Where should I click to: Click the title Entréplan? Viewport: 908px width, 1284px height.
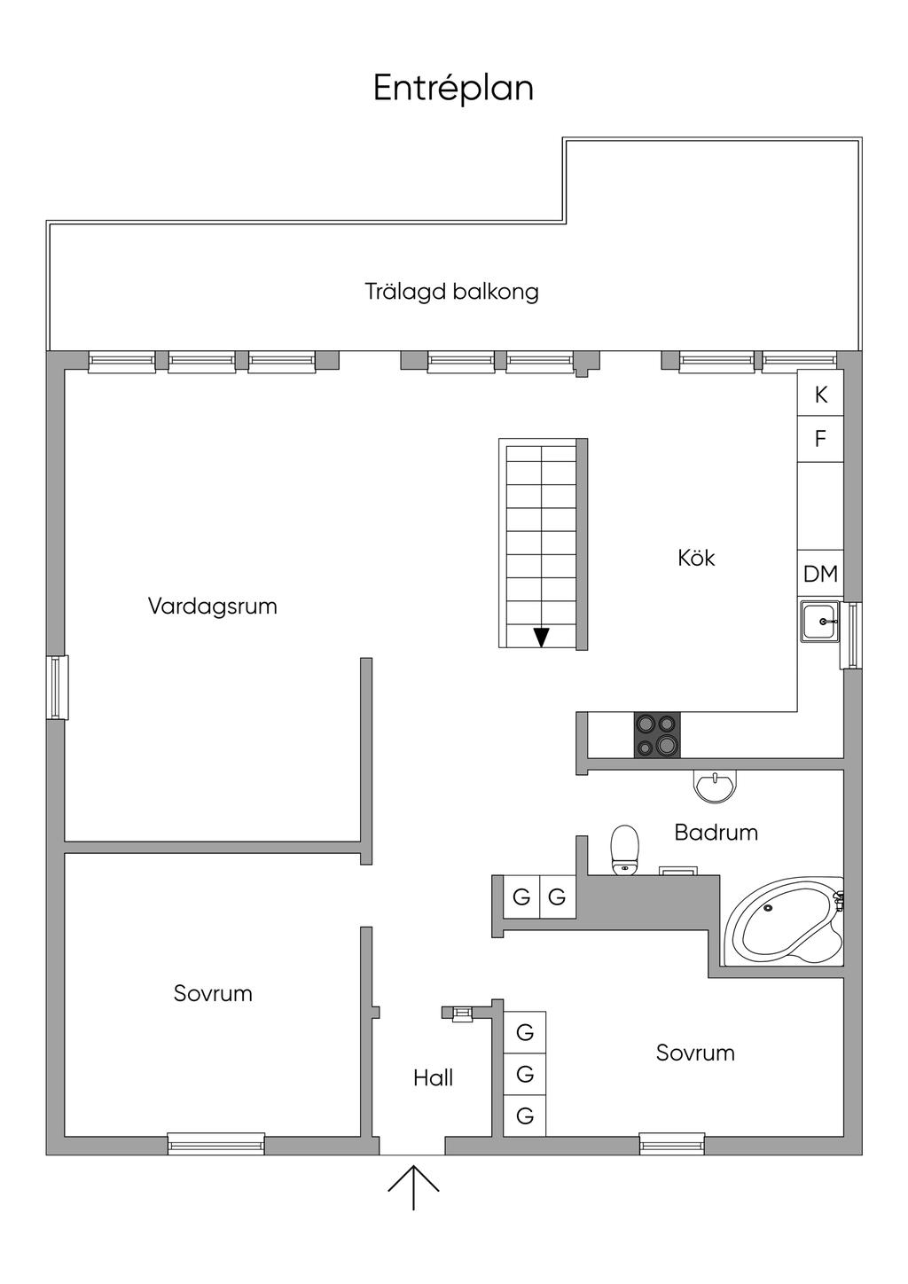[x=453, y=89]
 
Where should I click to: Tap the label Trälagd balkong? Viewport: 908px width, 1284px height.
[x=451, y=292]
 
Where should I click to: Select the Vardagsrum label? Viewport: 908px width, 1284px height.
[x=212, y=607]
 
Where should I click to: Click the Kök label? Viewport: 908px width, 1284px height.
[x=696, y=558]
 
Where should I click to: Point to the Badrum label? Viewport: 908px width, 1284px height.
[x=716, y=833]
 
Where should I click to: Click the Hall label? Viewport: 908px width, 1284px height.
[x=433, y=1077]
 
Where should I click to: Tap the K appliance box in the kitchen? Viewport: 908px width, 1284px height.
[x=820, y=395]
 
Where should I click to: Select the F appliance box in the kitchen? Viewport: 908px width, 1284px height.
[x=820, y=438]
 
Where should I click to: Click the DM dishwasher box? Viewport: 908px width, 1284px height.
[x=820, y=574]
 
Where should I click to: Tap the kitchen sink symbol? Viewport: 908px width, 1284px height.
[x=819, y=622]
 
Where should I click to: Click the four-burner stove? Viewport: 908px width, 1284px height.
[x=657, y=735]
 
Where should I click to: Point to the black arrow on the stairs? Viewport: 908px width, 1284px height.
[x=541, y=637]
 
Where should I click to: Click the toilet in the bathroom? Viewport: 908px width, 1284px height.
[x=625, y=850]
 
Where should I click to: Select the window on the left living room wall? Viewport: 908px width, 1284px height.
[x=58, y=687]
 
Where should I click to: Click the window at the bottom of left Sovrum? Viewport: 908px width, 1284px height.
[x=216, y=1144]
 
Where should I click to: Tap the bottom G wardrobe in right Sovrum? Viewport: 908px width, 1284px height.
[x=525, y=1116]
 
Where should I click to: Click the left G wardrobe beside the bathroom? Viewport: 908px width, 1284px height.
[x=521, y=896]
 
